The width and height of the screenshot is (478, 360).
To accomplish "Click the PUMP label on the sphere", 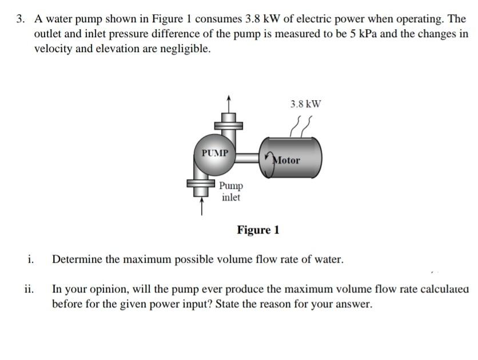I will [x=215, y=153].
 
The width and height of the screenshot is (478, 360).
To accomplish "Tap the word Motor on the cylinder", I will [x=286, y=160].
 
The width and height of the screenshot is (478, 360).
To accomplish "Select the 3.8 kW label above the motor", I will [x=305, y=104].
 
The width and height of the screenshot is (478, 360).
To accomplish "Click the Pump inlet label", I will [x=232, y=192].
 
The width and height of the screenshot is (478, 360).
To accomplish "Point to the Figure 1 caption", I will [x=258, y=230].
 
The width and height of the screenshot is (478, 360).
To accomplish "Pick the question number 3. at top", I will [x=21, y=19].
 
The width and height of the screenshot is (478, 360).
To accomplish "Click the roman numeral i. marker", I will [x=30, y=259].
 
